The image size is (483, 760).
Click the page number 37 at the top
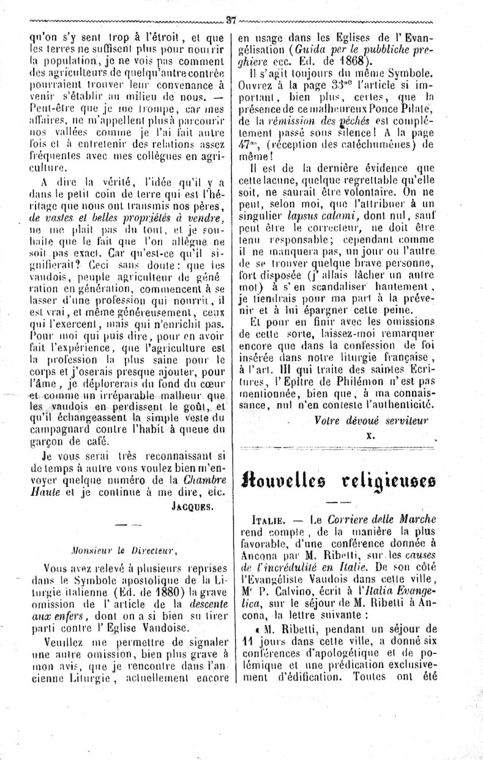231,19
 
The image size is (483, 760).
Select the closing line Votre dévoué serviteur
371,420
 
